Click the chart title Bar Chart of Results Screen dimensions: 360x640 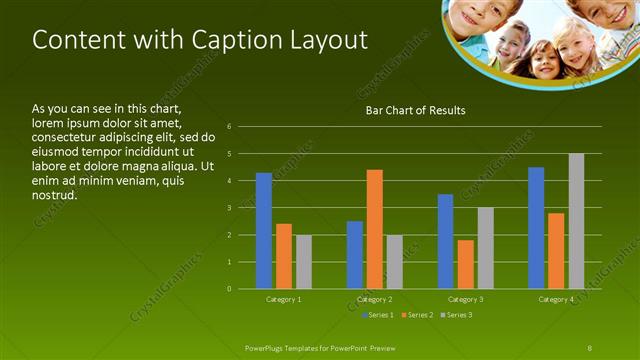click(x=415, y=110)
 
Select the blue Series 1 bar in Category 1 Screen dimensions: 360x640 click(x=263, y=231)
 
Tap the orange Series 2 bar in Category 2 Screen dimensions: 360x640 click(x=375, y=229)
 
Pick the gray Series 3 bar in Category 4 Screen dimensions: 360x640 click(x=576, y=221)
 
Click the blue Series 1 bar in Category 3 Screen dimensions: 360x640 click(x=446, y=241)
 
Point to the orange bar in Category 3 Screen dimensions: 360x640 click(x=466, y=264)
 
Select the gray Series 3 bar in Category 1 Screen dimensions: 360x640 click(x=303, y=262)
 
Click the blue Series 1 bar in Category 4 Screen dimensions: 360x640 click(x=536, y=228)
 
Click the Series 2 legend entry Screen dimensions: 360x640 click(x=417, y=315)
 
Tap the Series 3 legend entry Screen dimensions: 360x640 click(x=458, y=315)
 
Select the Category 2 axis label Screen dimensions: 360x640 click(x=375, y=299)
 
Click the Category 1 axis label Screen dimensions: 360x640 click(x=283, y=299)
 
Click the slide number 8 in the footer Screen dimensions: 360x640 click(x=590, y=346)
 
